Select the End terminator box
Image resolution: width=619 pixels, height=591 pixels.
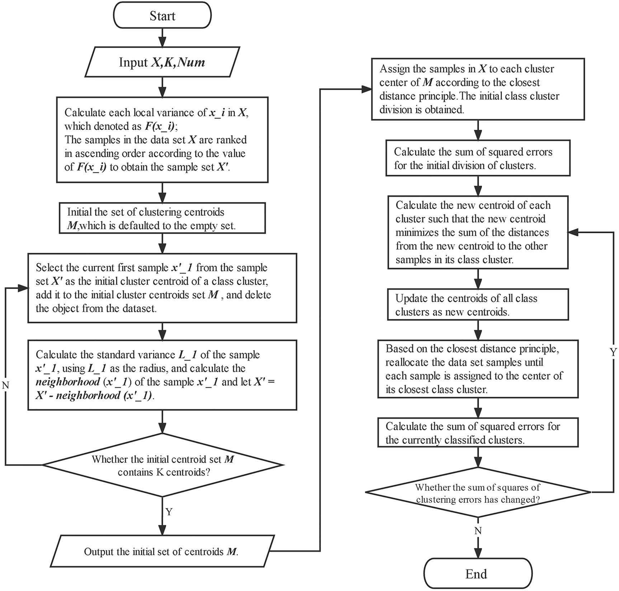477,574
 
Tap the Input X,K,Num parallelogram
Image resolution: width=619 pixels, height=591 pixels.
162,62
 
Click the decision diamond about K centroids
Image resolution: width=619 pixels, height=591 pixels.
162,465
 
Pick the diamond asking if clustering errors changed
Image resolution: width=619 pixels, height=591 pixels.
478,493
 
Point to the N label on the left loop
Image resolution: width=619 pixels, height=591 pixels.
5,386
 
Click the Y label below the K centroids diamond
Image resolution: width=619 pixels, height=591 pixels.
169,512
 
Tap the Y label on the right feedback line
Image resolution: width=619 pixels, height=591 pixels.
613,352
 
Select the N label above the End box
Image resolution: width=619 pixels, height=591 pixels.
478,531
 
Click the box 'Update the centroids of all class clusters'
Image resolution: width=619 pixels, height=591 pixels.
478,305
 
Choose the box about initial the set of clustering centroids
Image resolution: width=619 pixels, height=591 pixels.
162,218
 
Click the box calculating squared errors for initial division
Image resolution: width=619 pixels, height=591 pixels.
478,158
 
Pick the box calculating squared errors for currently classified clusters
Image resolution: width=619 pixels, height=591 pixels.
478,433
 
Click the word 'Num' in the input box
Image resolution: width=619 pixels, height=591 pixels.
192,62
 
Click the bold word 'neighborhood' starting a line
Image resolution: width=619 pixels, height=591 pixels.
67,382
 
